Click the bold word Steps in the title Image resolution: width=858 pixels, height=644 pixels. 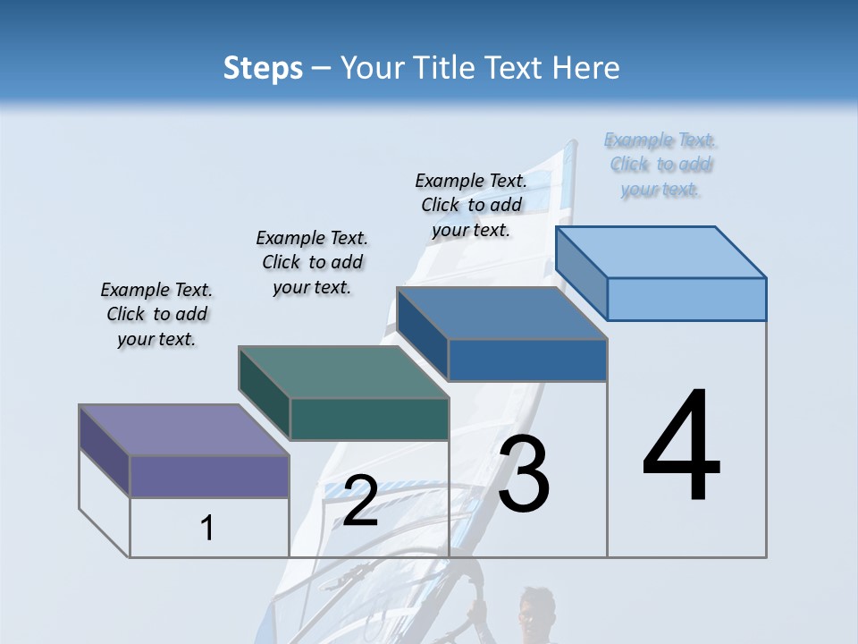pyautogui.click(x=263, y=68)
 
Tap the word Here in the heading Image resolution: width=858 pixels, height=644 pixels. pyautogui.click(x=586, y=68)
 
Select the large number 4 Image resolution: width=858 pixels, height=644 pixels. pyautogui.click(x=682, y=446)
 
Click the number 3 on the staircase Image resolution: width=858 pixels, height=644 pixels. pyautogui.click(x=524, y=475)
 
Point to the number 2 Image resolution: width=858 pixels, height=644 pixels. pyautogui.click(x=360, y=501)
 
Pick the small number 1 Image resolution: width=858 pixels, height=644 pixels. pyautogui.click(x=207, y=529)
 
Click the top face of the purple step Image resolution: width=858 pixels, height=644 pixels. pyautogui.click(x=184, y=430)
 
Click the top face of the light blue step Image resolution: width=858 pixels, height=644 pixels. pyautogui.click(x=661, y=252)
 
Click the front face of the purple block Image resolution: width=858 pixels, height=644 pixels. pyautogui.click(x=209, y=476)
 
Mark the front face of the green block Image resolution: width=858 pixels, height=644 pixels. pyautogui.click(x=369, y=419)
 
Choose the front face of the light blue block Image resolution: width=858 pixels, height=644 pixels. pyautogui.click(x=686, y=299)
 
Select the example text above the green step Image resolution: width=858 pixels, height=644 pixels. pyautogui.click(x=312, y=263)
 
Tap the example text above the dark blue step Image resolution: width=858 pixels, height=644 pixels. pyautogui.click(x=471, y=205)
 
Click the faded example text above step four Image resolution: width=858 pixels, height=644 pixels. pyautogui.click(x=660, y=165)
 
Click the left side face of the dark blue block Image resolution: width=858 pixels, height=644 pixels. pyautogui.click(x=422, y=334)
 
